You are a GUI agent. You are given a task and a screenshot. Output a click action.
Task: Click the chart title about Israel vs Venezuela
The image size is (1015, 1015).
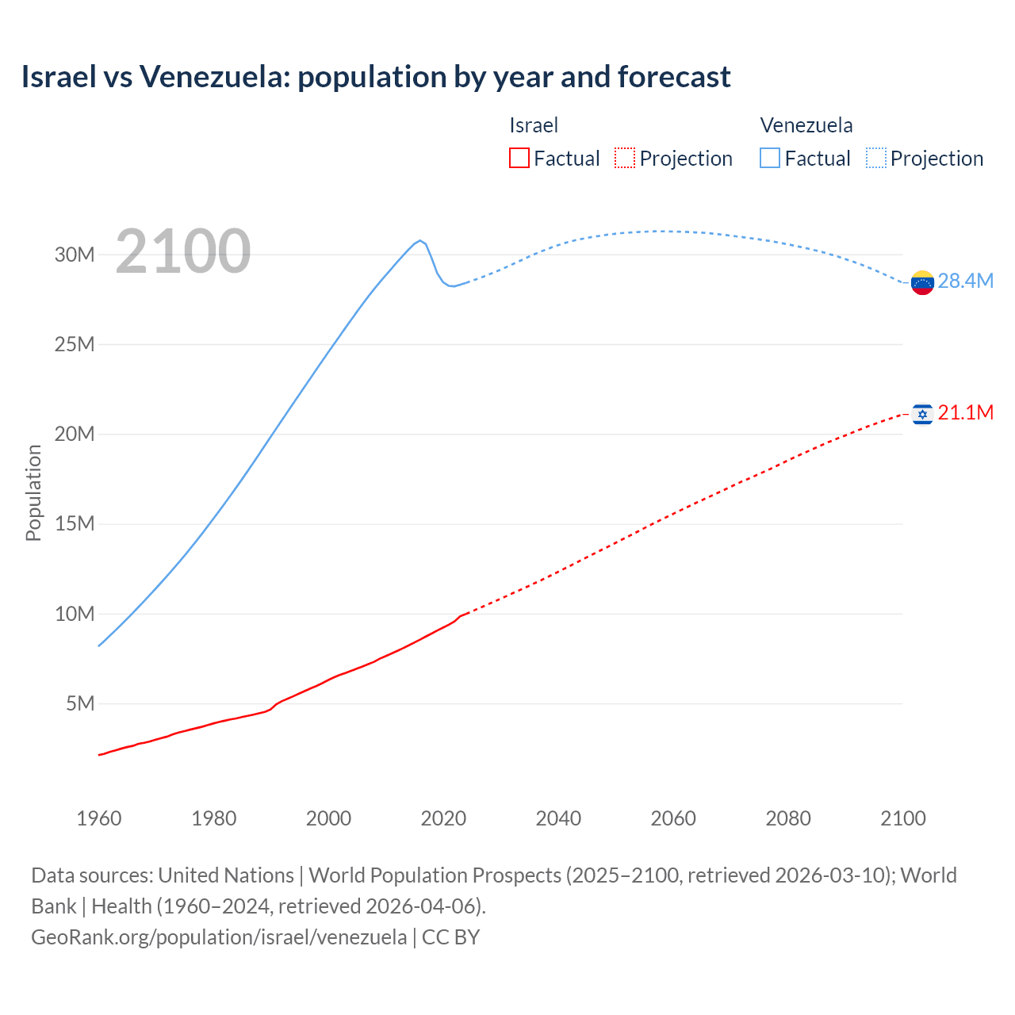click(376, 77)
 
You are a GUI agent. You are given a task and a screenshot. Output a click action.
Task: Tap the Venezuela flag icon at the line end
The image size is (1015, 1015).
click(922, 282)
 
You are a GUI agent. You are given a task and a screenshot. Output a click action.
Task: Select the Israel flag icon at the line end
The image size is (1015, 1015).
click(922, 414)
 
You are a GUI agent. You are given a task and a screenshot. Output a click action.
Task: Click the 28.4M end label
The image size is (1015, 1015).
click(965, 282)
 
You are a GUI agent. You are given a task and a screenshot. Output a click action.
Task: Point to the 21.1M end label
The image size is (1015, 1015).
click(965, 413)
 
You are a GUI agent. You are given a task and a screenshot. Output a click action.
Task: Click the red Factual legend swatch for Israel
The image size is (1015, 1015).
click(519, 158)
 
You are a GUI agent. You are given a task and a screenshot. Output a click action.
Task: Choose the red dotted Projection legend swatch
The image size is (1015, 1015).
click(625, 158)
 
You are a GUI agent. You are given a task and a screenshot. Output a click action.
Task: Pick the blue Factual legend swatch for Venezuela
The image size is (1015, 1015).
click(769, 158)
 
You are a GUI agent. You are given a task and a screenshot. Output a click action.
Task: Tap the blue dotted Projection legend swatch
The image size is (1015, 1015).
click(875, 158)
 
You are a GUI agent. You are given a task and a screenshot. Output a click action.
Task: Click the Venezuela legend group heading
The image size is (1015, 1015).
click(806, 125)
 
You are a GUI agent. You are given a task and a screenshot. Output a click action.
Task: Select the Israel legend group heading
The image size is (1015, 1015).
click(534, 125)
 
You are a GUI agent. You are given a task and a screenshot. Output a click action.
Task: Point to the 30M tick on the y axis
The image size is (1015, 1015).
click(75, 255)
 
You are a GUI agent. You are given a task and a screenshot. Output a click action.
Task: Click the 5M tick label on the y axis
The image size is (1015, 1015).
click(80, 703)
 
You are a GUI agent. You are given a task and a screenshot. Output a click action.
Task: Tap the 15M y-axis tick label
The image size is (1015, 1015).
click(75, 524)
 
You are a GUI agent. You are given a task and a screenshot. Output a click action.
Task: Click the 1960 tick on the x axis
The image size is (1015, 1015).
click(99, 818)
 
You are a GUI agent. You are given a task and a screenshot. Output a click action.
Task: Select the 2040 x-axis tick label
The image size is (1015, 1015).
click(558, 818)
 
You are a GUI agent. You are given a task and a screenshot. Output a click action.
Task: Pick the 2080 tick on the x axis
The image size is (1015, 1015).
click(788, 818)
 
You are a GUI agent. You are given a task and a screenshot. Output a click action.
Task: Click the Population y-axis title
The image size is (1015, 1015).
click(33, 492)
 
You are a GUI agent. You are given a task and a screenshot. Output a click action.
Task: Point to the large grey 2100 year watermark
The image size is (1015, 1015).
click(183, 251)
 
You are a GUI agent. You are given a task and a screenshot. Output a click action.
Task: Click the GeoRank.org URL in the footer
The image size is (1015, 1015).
click(219, 937)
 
